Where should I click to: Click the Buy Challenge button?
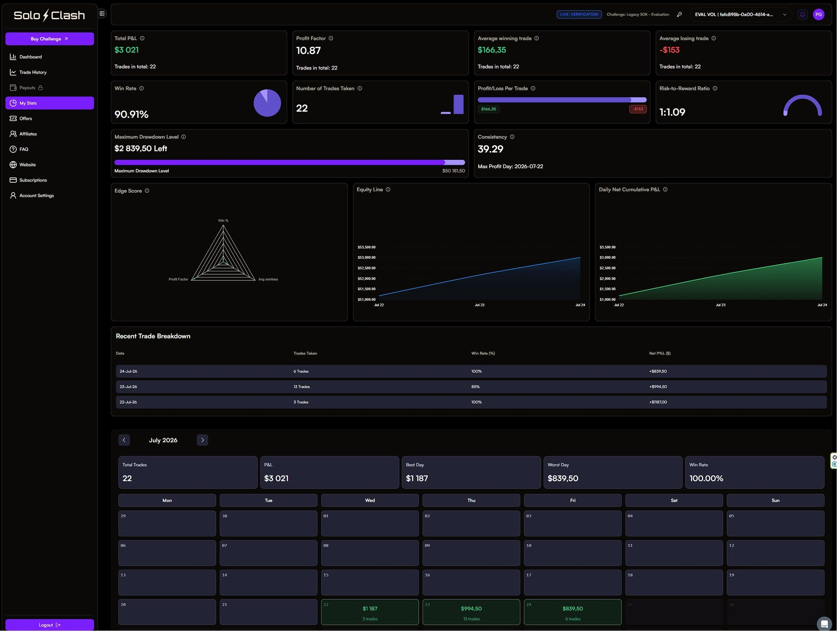(x=49, y=39)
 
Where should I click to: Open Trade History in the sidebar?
(x=33, y=72)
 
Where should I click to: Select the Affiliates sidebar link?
(x=28, y=134)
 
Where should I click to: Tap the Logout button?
(x=49, y=625)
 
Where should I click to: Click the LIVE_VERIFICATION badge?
(x=579, y=15)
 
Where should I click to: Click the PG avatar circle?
(x=818, y=15)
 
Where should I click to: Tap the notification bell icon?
(x=802, y=15)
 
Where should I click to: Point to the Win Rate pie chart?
(x=267, y=103)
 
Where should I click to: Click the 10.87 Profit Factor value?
(x=309, y=51)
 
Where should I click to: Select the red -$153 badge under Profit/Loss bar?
(x=638, y=109)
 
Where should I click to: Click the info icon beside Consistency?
(x=512, y=137)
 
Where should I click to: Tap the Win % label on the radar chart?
(x=223, y=221)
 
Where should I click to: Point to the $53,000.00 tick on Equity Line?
(x=367, y=257)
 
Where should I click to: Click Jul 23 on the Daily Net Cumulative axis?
(x=721, y=305)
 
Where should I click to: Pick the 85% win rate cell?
(x=475, y=387)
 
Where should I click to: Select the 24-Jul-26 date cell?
(x=128, y=371)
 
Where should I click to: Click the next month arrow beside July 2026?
(x=202, y=440)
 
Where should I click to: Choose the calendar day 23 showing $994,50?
(x=471, y=612)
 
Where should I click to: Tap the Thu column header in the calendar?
(x=471, y=500)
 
